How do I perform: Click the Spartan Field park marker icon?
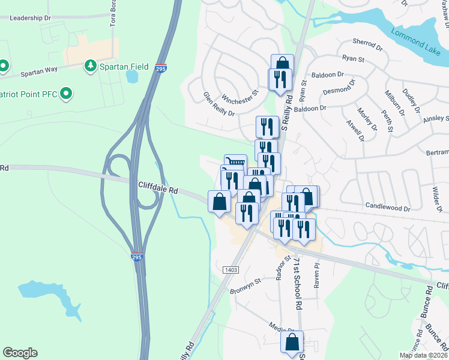point(91,65)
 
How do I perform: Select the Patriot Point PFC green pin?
point(67,94)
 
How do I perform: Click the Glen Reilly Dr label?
point(218,104)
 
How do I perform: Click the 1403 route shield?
point(231,270)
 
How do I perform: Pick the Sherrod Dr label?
point(367,45)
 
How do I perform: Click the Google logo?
point(20,353)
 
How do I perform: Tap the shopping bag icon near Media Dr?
point(292,342)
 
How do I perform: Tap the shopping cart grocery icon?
point(235,162)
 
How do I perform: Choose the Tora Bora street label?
point(112,15)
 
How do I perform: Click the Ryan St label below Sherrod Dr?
point(353,59)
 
